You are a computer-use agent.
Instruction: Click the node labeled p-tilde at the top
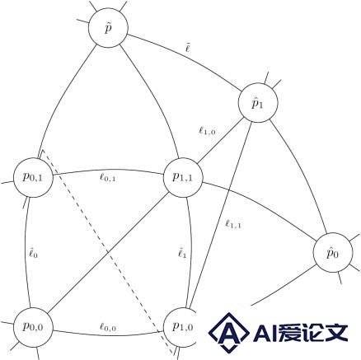[x=108, y=27]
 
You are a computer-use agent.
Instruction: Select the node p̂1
[x=258, y=103]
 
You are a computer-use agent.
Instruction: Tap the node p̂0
[x=333, y=253]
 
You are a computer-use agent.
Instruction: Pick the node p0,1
[x=33, y=177]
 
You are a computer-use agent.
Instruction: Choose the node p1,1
[x=183, y=177]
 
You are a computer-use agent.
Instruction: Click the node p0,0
[x=33, y=327]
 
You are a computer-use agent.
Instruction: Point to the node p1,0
[x=182, y=327]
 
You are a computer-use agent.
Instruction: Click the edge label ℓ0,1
[x=107, y=178]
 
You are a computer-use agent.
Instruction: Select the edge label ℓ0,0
[x=107, y=327]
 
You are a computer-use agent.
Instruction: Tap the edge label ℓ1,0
[x=207, y=131]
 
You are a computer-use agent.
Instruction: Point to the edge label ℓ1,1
[x=233, y=224]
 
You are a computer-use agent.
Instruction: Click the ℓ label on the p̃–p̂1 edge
[x=188, y=48]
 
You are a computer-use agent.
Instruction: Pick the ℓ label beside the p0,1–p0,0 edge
[x=33, y=253]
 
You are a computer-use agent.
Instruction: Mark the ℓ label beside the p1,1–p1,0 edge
[x=182, y=253]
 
